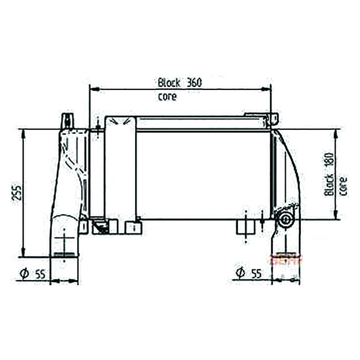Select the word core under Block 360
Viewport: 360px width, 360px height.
pyautogui.click(x=167, y=97)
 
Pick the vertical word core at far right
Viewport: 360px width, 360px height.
pyautogui.click(x=343, y=186)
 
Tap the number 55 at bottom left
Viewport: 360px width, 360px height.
pyautogui.click(x=39, y=274)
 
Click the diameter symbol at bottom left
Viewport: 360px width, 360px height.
pyautogui.click(x=24, y=274)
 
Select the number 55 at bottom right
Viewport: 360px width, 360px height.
pyautogui.click(x=256, y=274)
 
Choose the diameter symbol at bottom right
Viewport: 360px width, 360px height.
pyautogui.click(x=240, y=274)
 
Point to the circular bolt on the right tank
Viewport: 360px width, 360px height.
pyautogui.click(x=286, y=220)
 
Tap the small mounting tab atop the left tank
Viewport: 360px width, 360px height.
pyautogui.click(x=66, y=119)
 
